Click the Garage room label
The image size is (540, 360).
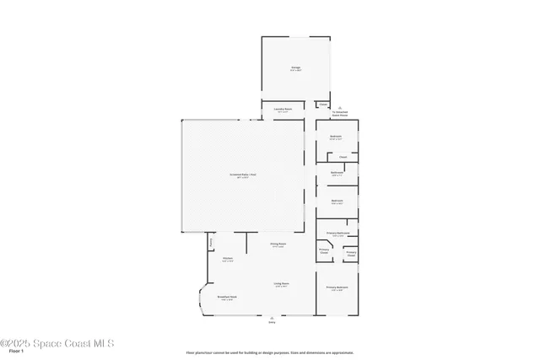[x=296, y=68]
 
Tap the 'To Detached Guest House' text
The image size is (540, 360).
[x=339, y=114]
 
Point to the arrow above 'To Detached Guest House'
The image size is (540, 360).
[x=339, y=107]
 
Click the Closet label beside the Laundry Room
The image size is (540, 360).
[x=323, y=105]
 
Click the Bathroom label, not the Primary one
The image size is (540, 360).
[x=337, y=175]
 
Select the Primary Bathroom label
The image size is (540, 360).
[x=337, y=234]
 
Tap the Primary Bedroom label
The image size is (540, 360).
[x=337, y=288]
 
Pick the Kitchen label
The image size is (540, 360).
[x=228, y=260]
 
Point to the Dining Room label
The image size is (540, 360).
[x=278, y=244]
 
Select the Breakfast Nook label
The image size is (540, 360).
[x=226, y=298]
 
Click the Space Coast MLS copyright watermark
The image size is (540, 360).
[x=57, y=343]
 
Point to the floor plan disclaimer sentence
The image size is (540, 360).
[x=270, y=352]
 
